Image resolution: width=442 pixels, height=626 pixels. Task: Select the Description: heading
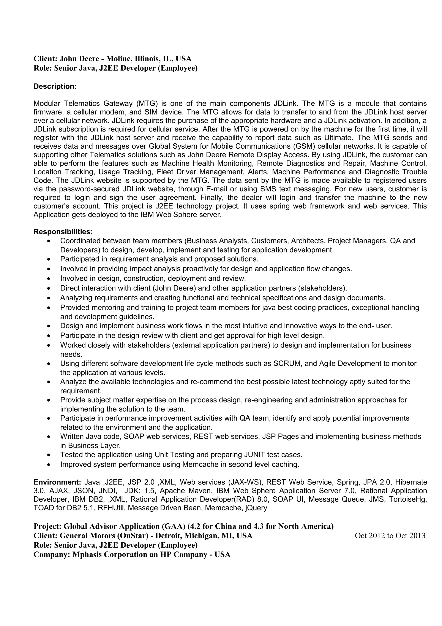click(x=55, y=86)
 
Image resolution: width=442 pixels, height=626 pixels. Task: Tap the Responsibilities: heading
click(x=63, y=232)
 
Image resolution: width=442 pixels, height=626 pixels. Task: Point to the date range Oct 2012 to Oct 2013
click(x=390, y=536)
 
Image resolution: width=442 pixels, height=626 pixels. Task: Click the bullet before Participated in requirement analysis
click(x=49, y=259)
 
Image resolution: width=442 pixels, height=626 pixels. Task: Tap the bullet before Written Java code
click(x=49, y=437)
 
